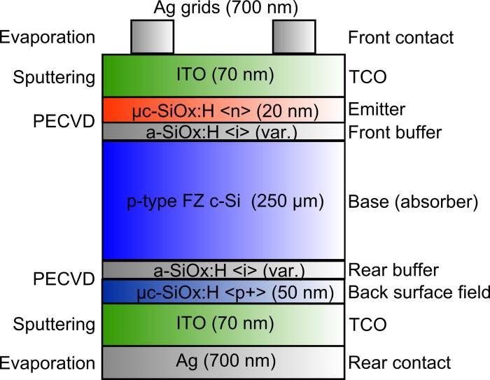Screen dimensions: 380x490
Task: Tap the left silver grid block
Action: click(x=152, y=36)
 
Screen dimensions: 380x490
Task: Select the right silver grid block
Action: click(x=293, y=36)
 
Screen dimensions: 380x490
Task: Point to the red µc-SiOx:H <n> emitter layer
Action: click(x=223, y=109)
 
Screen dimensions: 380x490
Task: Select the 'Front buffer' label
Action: click(x=395, y=131)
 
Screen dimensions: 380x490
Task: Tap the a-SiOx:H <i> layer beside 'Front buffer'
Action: click(x=223, y=131)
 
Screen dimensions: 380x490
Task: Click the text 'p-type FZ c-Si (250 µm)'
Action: click(x=223, y=202)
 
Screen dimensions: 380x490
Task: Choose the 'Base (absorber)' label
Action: click(x=402, y=202)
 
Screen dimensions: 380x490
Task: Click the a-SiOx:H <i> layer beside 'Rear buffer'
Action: click(x=223, y=269)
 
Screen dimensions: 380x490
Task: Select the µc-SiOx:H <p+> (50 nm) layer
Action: click(x=223, y=292)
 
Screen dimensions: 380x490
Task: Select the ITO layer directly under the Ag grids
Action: click(x=223, y=75)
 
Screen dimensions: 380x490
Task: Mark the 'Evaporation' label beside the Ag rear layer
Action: click(x=47, y=363)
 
